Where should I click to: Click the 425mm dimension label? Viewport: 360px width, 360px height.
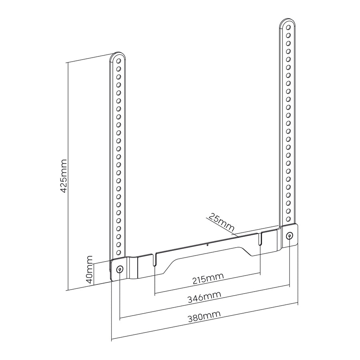point(63,176)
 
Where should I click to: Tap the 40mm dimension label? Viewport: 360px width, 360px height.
point(89,270)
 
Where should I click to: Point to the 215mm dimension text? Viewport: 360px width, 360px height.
point(208,278)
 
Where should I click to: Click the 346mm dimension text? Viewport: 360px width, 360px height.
point(204,297)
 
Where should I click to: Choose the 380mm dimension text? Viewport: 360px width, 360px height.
point(204,317)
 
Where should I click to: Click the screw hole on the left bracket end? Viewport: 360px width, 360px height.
point(120,269)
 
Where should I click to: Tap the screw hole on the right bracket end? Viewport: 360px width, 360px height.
point(289,236)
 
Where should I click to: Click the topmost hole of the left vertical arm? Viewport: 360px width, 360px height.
point(119,61)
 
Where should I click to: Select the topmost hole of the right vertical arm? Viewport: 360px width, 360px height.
point(288,28)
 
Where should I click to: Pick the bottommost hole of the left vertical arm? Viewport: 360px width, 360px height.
point(118,252)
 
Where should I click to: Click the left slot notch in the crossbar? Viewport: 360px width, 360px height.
point(154,260)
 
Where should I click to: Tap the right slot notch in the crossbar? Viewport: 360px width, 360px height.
point(260,239)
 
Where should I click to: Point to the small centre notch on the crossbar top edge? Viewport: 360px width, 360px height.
point(207,244)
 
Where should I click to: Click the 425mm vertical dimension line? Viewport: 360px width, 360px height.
point(68,176)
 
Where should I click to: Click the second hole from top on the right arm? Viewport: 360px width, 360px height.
point(288,36)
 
